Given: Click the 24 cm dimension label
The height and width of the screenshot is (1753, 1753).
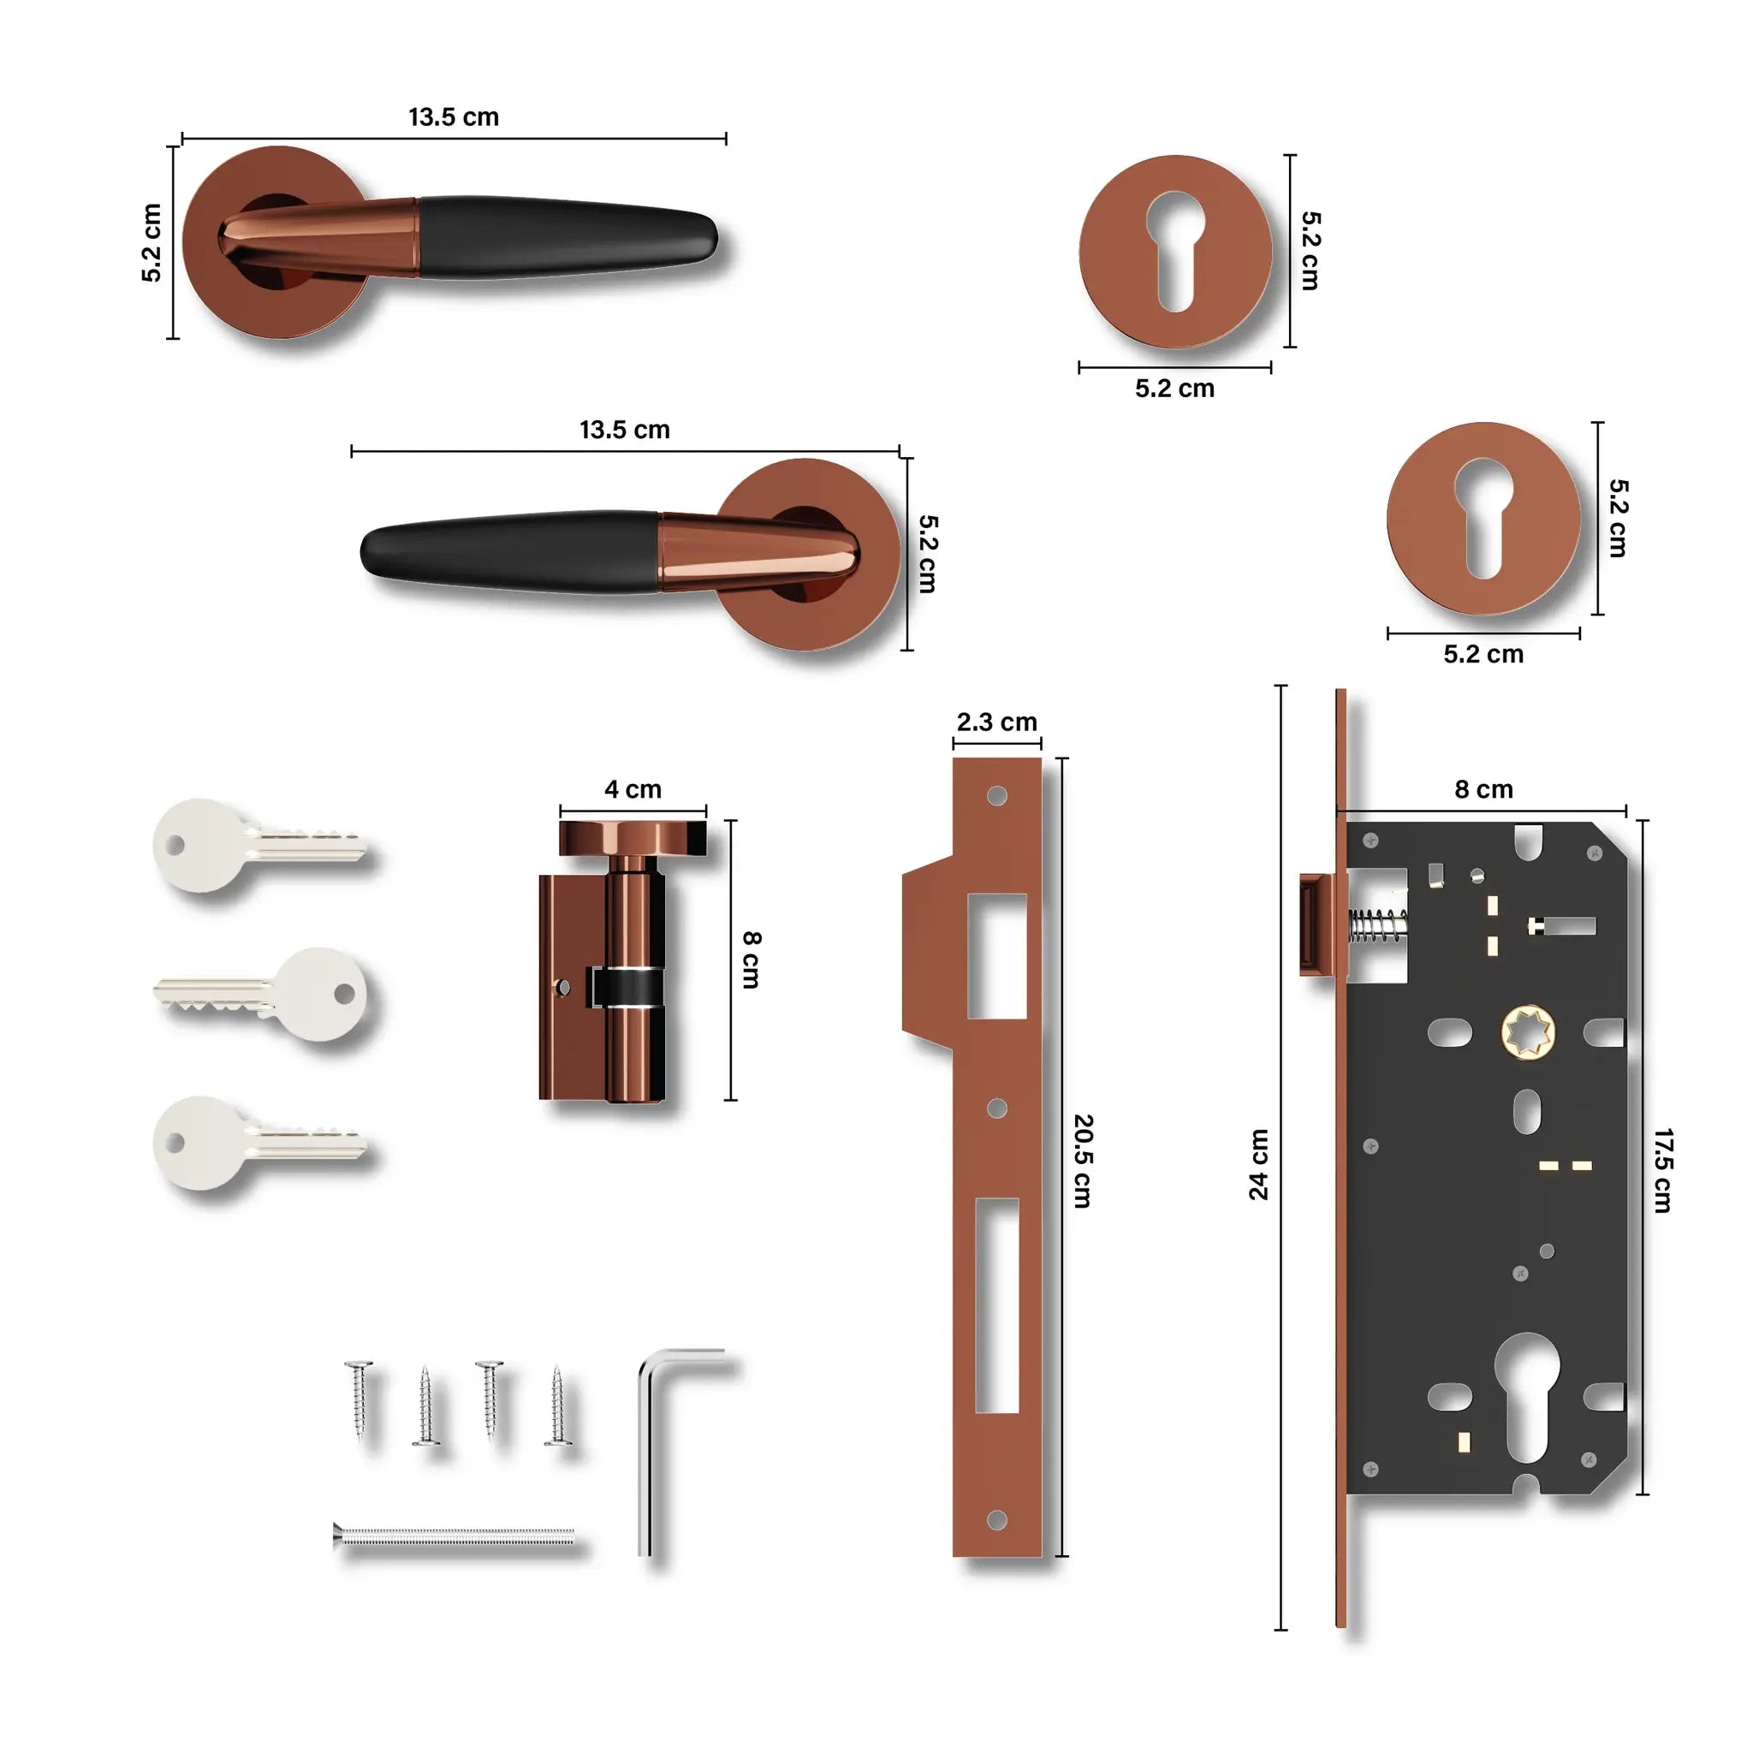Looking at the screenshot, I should coord(1258,1164).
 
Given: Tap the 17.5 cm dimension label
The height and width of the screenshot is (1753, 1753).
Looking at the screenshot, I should coord(1661,1170).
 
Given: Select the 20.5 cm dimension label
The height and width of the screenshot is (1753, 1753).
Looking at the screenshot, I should coord(1083,1161).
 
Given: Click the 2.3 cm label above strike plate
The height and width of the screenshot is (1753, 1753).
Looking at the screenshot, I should coord(996,722).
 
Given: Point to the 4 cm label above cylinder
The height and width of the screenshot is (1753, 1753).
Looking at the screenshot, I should coord(633,789).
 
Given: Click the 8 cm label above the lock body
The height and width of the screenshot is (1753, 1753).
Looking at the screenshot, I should coord(1483,789).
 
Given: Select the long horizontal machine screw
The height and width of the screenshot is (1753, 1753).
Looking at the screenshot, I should coord(454,1536).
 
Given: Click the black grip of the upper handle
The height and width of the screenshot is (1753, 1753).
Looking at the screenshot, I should coord(562,238).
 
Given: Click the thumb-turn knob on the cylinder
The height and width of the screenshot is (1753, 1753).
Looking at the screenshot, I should coord(633,837).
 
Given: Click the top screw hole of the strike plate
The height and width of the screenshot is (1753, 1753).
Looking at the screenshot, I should coord(996,796).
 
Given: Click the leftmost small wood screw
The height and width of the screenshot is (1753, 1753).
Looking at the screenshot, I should coord(360,1397).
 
